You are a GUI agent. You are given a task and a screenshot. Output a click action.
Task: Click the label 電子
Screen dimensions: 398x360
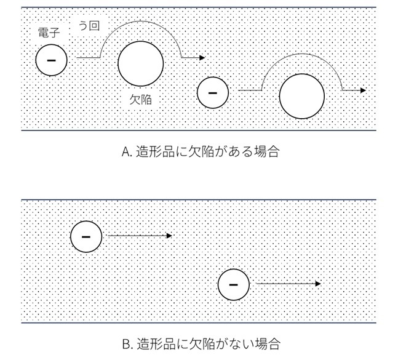(49, 33)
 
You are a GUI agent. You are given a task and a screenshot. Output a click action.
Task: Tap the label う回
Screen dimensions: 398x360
(89, 26)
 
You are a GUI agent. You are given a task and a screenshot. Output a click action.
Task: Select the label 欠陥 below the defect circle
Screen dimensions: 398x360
(141, 99)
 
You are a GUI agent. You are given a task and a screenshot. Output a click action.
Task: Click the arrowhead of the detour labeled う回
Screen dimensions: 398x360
(202, 58)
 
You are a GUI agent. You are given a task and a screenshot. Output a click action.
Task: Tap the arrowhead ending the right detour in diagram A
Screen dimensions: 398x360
(363, 90)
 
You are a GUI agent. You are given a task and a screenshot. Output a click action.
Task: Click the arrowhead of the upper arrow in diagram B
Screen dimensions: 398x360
(169, 236)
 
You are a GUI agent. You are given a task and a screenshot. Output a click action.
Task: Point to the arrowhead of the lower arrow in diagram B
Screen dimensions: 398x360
(318, 284)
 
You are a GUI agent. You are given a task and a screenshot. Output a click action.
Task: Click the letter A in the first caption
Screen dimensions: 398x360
(125, 152)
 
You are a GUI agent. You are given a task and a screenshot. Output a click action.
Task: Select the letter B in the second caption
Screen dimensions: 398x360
(126, 344)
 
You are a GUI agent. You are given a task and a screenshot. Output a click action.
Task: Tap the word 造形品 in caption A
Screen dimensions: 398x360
(156, 152)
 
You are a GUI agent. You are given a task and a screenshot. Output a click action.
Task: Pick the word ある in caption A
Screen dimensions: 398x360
(241, 152)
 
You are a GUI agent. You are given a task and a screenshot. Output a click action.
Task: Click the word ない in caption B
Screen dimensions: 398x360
(242, 344)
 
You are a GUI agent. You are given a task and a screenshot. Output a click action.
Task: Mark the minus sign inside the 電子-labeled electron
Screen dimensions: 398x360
(51, 60)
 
